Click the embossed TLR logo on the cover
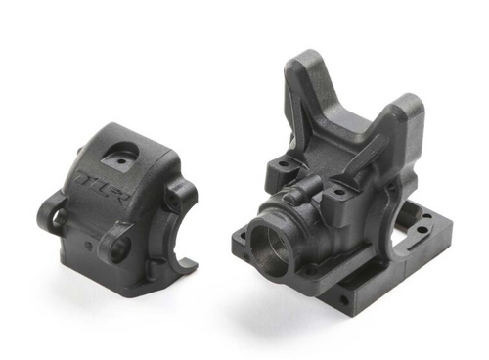pos(97,179)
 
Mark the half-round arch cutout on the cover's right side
pos(174,245)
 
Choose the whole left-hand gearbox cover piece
pos(117,201)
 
